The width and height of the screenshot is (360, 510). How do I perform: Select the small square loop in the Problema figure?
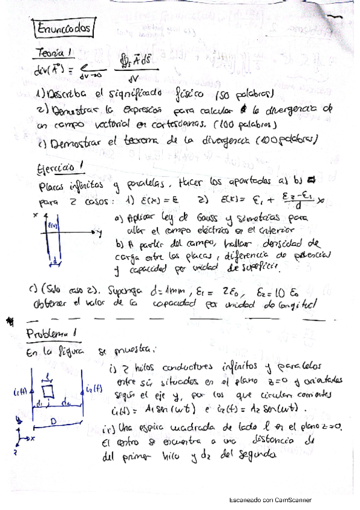click(x=49, y=393)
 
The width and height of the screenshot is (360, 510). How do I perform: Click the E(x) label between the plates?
click(x=51, y=224)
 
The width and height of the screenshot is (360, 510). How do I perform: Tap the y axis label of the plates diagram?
click(x=97, y=231)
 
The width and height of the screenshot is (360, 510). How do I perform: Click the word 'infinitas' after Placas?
click(x=90, y=186)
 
